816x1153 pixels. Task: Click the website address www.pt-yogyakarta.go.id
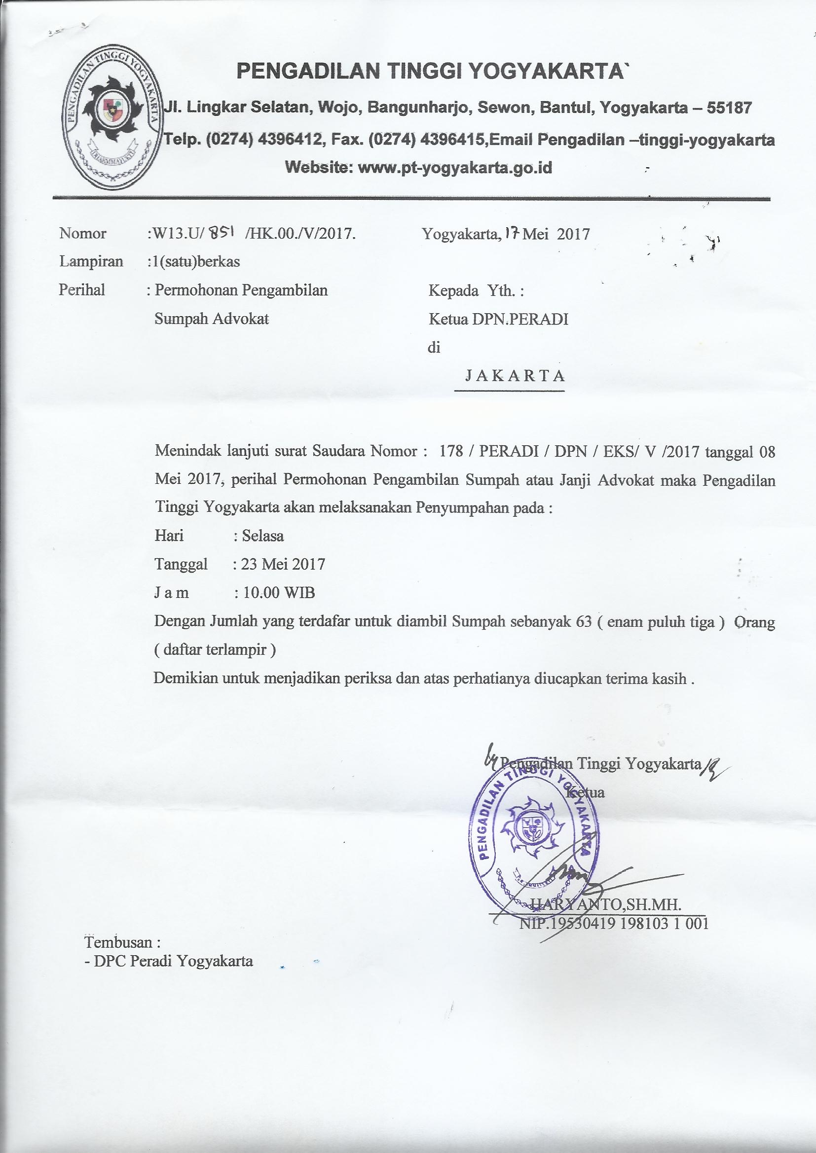tap(454, 168)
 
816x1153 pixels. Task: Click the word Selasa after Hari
tap(263, 536)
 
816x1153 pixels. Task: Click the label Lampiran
tap(91, 262)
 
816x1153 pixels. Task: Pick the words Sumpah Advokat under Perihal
tap(212, 319)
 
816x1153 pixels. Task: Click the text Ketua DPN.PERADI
tap(498, 319)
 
